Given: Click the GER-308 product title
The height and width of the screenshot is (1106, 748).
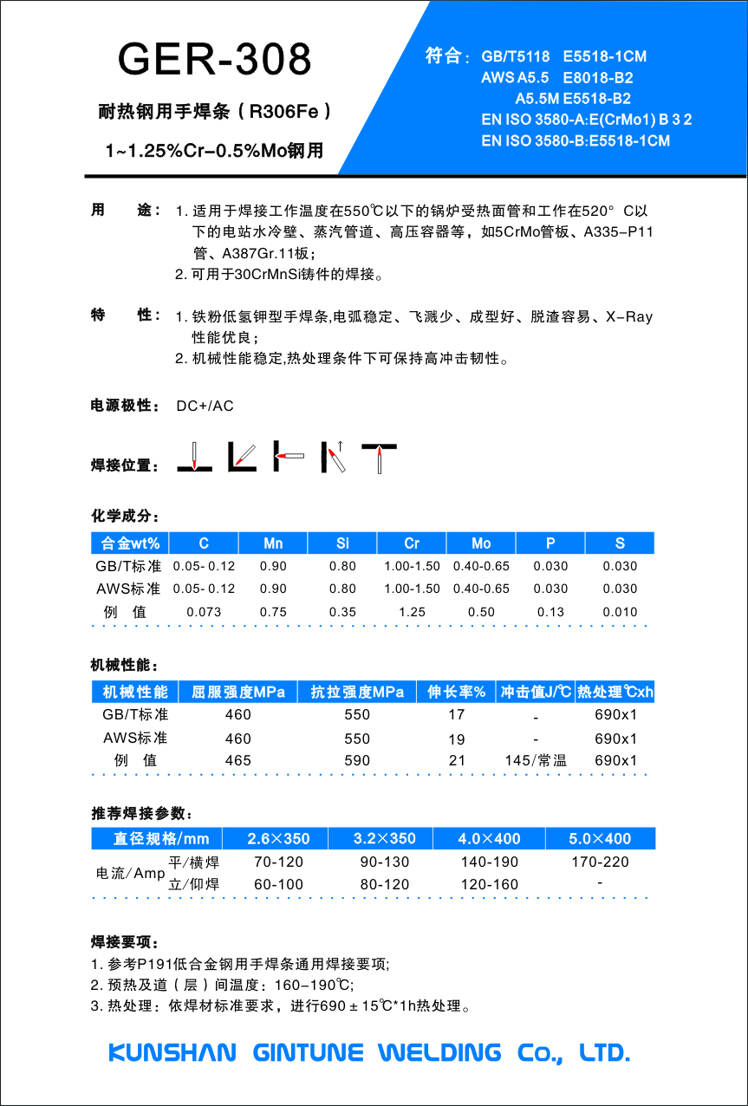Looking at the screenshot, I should point(214,59).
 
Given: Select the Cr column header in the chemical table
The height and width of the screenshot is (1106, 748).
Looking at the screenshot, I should point(412,543).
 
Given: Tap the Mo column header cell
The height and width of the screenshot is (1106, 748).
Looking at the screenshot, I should point(481,543).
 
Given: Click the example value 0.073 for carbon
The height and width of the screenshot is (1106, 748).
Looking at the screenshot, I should point(204,612).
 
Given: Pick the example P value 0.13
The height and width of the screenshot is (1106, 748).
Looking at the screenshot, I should point(550,612).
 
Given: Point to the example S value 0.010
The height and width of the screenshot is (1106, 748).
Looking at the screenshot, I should point(620,612).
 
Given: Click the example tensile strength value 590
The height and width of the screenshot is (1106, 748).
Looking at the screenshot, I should point(357,761).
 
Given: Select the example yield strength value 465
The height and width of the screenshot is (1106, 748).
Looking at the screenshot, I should point(237,761).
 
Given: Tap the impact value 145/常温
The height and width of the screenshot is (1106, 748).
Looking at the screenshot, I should point(536,761).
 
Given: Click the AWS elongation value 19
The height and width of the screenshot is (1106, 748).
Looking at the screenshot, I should point(457,739).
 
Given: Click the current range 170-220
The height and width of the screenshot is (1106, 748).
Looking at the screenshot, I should point(600,862).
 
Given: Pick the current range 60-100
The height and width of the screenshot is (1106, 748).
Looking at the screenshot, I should point(278,885).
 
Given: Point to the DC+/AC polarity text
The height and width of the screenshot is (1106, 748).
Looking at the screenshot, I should point(205,406).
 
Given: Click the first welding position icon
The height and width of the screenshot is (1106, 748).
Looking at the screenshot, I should point(195,457).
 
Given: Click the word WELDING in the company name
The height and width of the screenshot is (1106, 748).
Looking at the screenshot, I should point(439,1053).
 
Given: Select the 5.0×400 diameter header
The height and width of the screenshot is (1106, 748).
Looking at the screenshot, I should point(600,839).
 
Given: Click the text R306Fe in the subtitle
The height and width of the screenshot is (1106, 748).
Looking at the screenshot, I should point(283,112).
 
